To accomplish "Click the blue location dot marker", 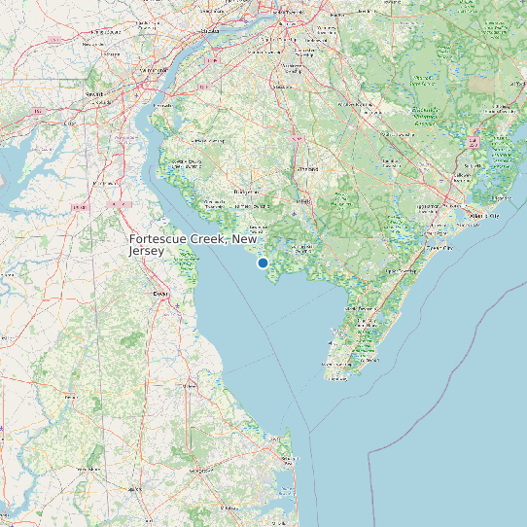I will [263, 263].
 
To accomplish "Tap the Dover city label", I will [160, 293].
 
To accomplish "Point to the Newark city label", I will [94, 94].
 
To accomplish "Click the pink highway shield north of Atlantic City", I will [473, 142].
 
